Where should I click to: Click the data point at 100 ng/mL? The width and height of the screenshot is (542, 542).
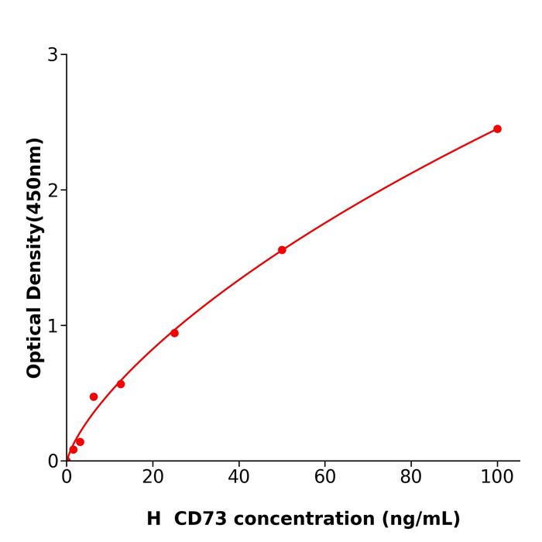tap(497, 129)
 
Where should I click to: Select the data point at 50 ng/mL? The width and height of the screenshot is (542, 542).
tap(282, 250)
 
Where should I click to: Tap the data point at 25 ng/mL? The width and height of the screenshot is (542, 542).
tap(174, 333)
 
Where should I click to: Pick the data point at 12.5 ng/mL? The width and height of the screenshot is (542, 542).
tap(121, 384)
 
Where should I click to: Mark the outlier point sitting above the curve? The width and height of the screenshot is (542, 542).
tap(94, 396)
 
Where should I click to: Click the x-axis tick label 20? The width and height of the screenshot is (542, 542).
tap(153, 478)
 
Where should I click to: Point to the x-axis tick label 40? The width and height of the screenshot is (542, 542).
tap(238, 478)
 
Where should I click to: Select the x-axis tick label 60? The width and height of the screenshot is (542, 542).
tap(325, 478)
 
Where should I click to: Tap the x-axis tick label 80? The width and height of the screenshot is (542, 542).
tap(411, 478)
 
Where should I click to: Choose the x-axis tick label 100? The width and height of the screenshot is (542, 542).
tap(497, 478)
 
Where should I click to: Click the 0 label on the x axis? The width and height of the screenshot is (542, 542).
tap(67, 478)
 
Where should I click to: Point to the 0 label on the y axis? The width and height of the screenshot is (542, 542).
tap(53, 461)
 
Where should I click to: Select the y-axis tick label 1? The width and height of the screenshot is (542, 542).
tap(53, 326)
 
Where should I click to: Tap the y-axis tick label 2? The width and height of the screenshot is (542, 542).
tap(53, 190)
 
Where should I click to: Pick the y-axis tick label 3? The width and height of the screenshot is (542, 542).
tap(53, 55)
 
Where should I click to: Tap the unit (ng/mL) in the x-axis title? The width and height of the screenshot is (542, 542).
tap(419, 519)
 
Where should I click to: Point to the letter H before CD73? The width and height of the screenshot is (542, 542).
tap(153, 519)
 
